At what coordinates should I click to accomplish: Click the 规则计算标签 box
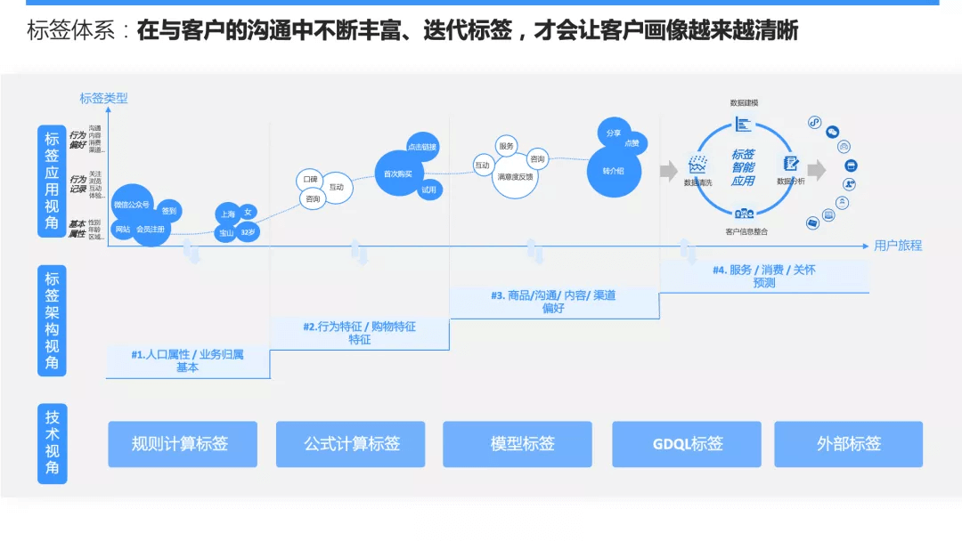coord(183,444)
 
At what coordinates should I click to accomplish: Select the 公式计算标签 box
coord(350,444)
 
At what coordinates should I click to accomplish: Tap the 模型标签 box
coord(518,444)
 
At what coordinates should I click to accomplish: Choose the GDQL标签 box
coord(687,444)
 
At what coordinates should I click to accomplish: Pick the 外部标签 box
coord(848,444)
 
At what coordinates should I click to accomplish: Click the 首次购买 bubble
coord(397,174)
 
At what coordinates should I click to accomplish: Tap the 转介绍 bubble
coord(614,169)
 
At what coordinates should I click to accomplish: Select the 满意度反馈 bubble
coord(516,177)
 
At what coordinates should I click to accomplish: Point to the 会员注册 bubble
coord(150,229)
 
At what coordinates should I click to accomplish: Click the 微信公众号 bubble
coord(132,205)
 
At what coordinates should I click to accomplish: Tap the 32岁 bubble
coord(248,232)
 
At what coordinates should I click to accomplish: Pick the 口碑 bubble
coord(310,180)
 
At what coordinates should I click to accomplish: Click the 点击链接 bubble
coord(422,147)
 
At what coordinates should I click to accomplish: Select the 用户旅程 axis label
coord(897,246)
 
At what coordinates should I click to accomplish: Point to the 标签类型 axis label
coord(104,99)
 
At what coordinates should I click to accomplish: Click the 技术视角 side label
coord(53,443)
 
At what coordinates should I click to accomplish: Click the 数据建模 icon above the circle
coord(743,122)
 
